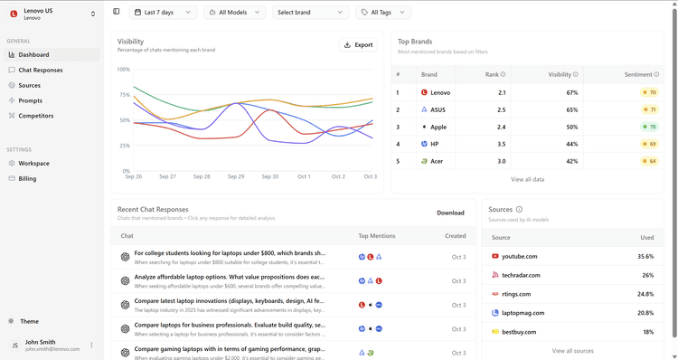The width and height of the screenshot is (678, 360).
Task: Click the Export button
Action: pos(358,44)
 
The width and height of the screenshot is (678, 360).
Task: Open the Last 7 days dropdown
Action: pos(164,13)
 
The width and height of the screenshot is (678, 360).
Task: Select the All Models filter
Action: pos(234,13)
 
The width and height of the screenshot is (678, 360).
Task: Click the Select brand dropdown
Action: pos(310,13)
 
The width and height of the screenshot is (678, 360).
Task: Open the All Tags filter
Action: pos(383,13)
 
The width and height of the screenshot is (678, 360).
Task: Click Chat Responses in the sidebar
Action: pos(41,70)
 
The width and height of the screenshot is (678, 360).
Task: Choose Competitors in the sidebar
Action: pos(36,116)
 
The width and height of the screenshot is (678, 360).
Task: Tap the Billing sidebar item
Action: pos(28,179)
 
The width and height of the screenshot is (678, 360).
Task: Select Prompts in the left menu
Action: pos(30,100)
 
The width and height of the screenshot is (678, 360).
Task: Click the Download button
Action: pos(450,213)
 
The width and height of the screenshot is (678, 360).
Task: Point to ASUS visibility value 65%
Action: pos(571,109)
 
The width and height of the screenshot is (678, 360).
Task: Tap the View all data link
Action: pos(527,179)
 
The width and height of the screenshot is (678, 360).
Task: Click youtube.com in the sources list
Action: pos(519,256)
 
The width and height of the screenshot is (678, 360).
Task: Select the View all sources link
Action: pos(572,351)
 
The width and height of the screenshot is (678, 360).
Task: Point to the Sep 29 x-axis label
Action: pos(236,176)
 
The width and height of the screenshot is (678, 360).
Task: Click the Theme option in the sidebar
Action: pos(30,321)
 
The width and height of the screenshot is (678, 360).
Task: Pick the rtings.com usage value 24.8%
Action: pos(645,294)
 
